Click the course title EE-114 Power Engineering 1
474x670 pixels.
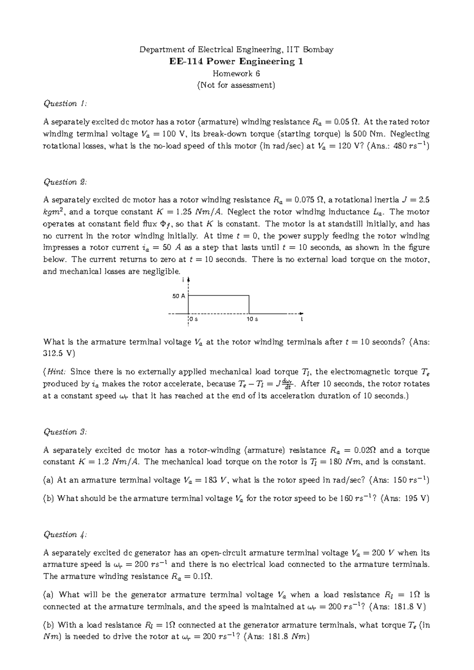(236, 62)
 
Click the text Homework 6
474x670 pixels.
(236, 73)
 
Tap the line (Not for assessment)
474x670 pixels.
(236, 85)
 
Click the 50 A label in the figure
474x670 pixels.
(179, 296)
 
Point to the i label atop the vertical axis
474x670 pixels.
(184, 280)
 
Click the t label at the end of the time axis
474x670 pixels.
(302, 319)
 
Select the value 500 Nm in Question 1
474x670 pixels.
(367, 134)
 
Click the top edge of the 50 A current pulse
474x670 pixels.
(218, 295)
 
